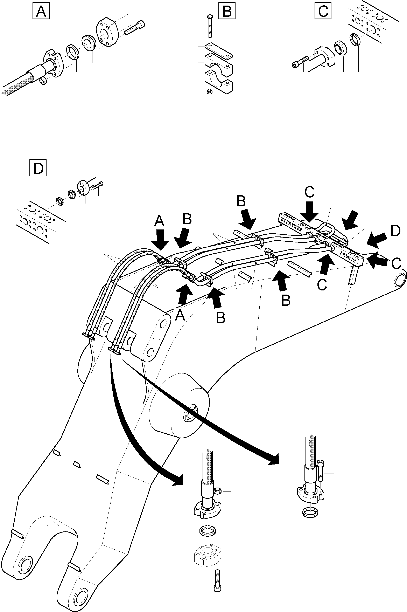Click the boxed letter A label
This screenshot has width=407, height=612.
[41, 11]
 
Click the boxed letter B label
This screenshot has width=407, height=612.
[227, 11]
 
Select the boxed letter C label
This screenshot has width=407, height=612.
[323, 11]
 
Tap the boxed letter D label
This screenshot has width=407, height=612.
[38, 169]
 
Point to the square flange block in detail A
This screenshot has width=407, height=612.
[107, 33]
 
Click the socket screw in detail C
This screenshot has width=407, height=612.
[300, 62]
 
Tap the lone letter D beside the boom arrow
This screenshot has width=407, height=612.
[395, 231]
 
